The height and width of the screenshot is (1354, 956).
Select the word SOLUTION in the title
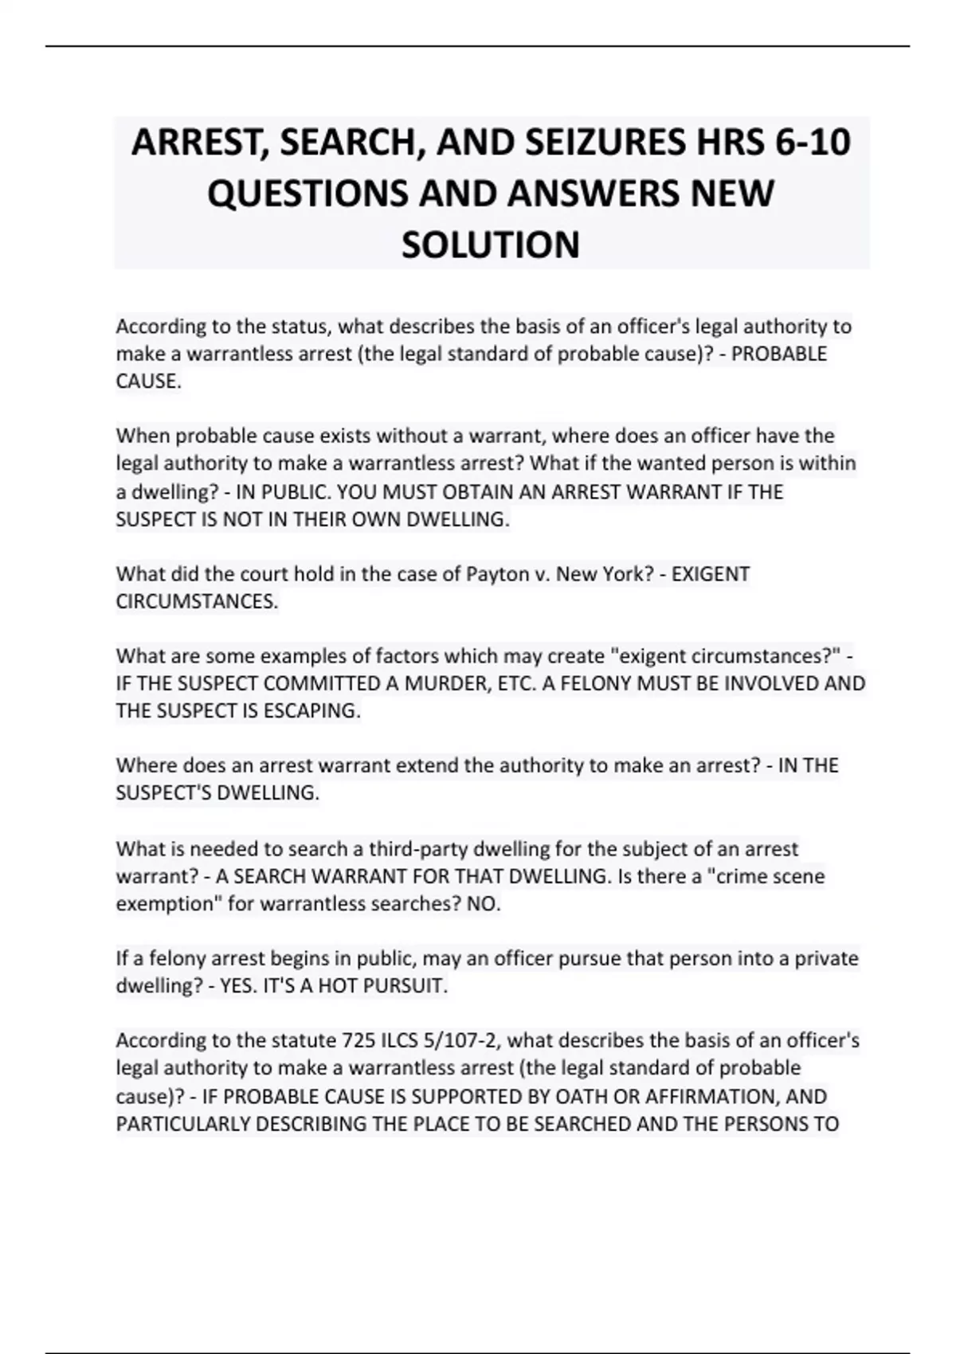[x=490, y=245]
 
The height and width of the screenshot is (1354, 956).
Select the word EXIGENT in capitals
[x=711, y=574]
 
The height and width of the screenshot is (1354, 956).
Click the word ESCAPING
[x=309, y=710]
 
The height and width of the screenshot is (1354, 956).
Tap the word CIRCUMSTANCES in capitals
[x=196, y=601]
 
